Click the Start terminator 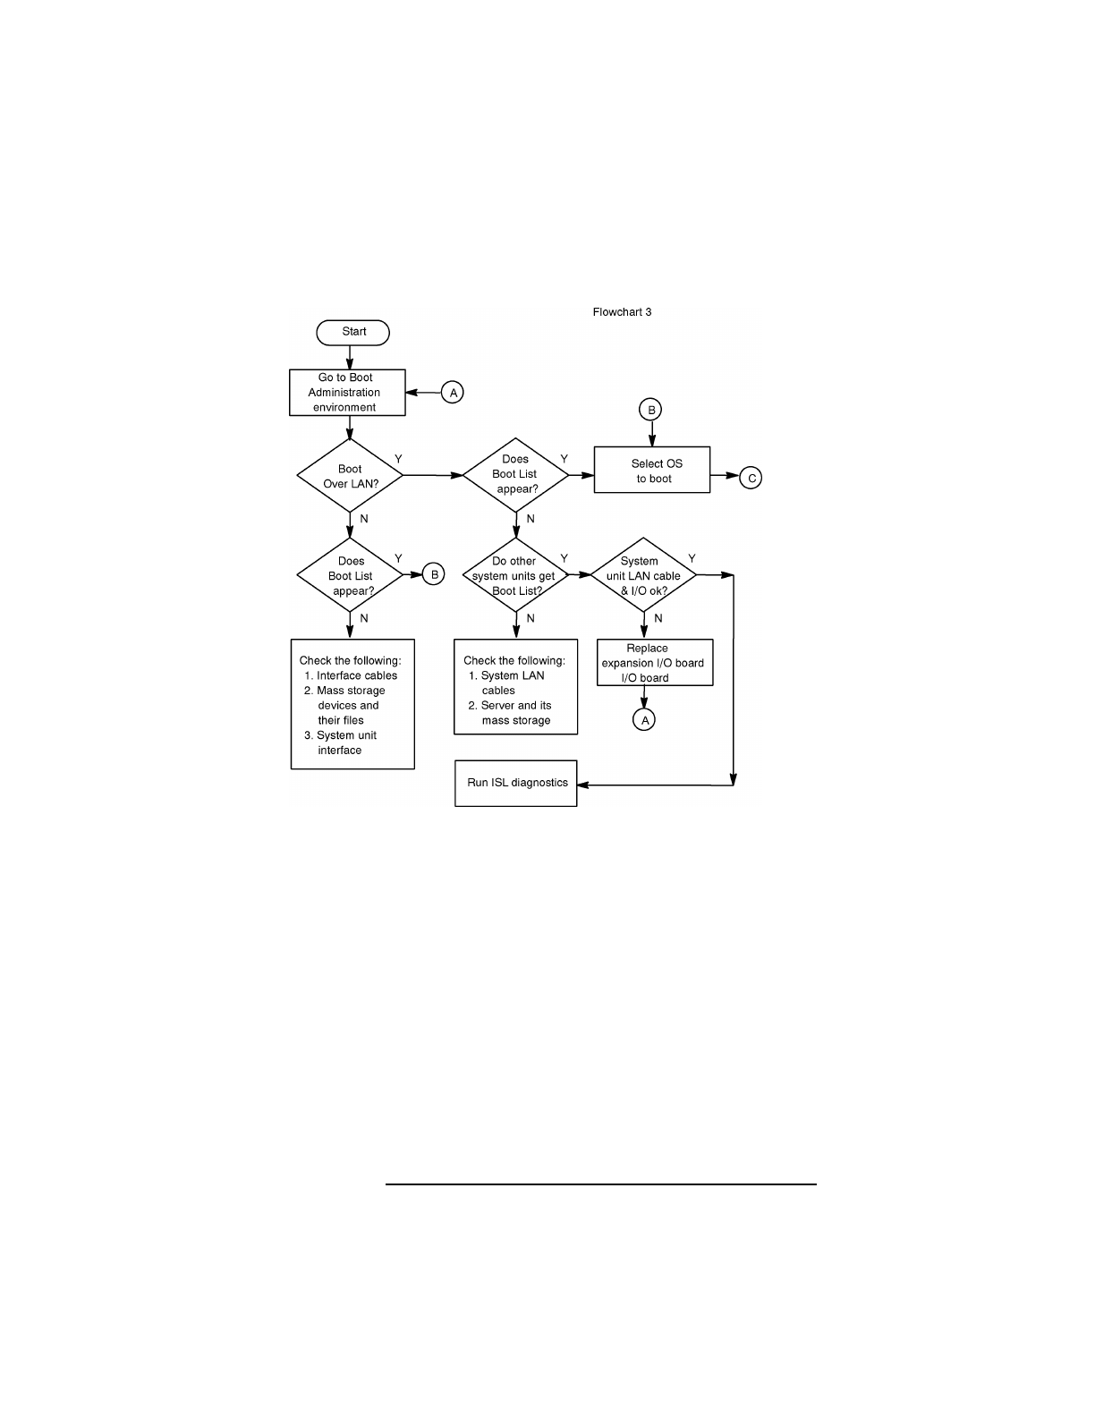tap(353, 332)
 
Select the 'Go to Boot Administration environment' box tap(347, 393)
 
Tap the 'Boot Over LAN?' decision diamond tap(350, 476)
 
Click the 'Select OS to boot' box tap(652, 471)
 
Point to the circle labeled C tap(751, 478)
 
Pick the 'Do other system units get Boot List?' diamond tap(514, 575)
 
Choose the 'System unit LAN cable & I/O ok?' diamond tap(643, 575)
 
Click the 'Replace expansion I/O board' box tap(654, 663)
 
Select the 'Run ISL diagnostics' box tap(516, 783)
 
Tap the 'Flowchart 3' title tap(622, 312)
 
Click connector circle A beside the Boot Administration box tap(453, 393)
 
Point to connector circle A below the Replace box tap(644, 719)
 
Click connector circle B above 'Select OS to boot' tap(651, 410)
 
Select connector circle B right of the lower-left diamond tap(433, 574)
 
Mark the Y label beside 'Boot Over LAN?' tap(398, 459)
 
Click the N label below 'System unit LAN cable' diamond tap(658, 618)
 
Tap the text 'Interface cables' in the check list tap(356, 676)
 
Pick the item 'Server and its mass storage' tap(515, 713)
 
